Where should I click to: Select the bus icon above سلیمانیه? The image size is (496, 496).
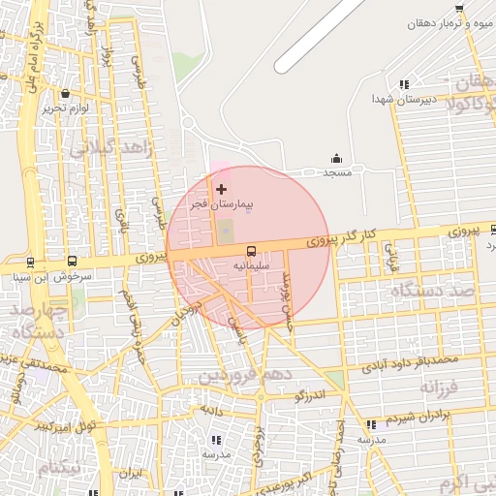point(251,249)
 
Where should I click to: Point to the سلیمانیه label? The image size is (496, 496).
point(251,264)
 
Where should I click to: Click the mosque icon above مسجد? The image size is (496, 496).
point(336,158)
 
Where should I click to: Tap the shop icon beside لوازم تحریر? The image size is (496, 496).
point(65,94)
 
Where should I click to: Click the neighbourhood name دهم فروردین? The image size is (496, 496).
point(242,374)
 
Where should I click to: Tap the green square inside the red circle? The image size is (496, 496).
point(226,232)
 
